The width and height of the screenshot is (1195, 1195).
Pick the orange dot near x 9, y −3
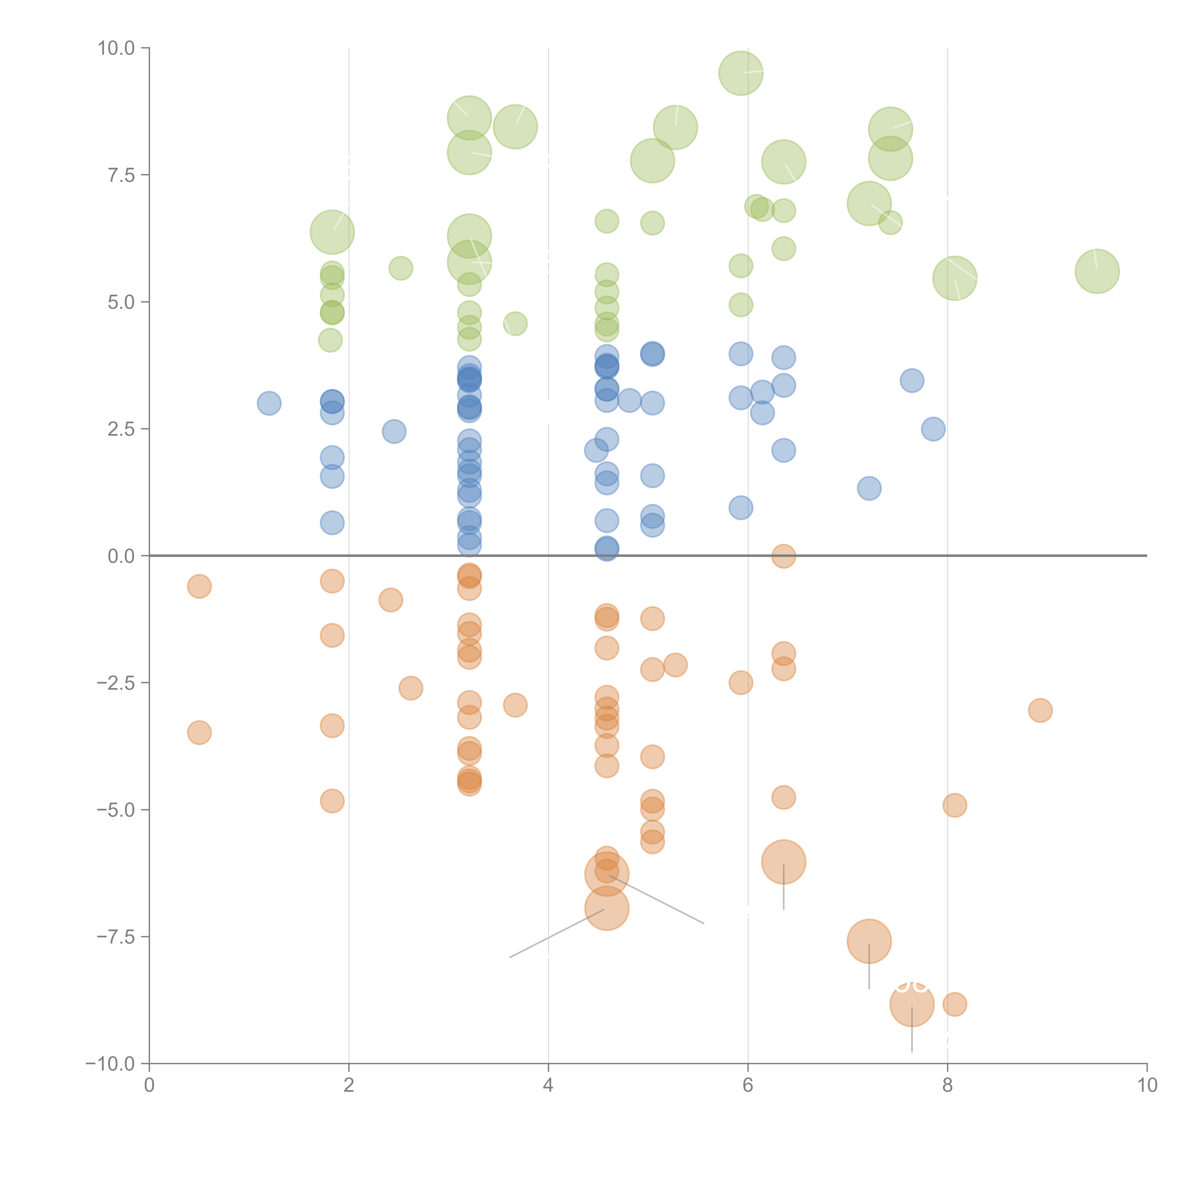tap(1040, 710)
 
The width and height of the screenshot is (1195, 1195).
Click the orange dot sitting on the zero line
tap(784, 556)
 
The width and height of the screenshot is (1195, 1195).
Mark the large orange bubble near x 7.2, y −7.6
tap(869, 941)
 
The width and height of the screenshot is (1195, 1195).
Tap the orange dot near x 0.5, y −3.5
tap(199, 733)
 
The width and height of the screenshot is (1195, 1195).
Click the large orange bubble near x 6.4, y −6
tap(784, 862)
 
